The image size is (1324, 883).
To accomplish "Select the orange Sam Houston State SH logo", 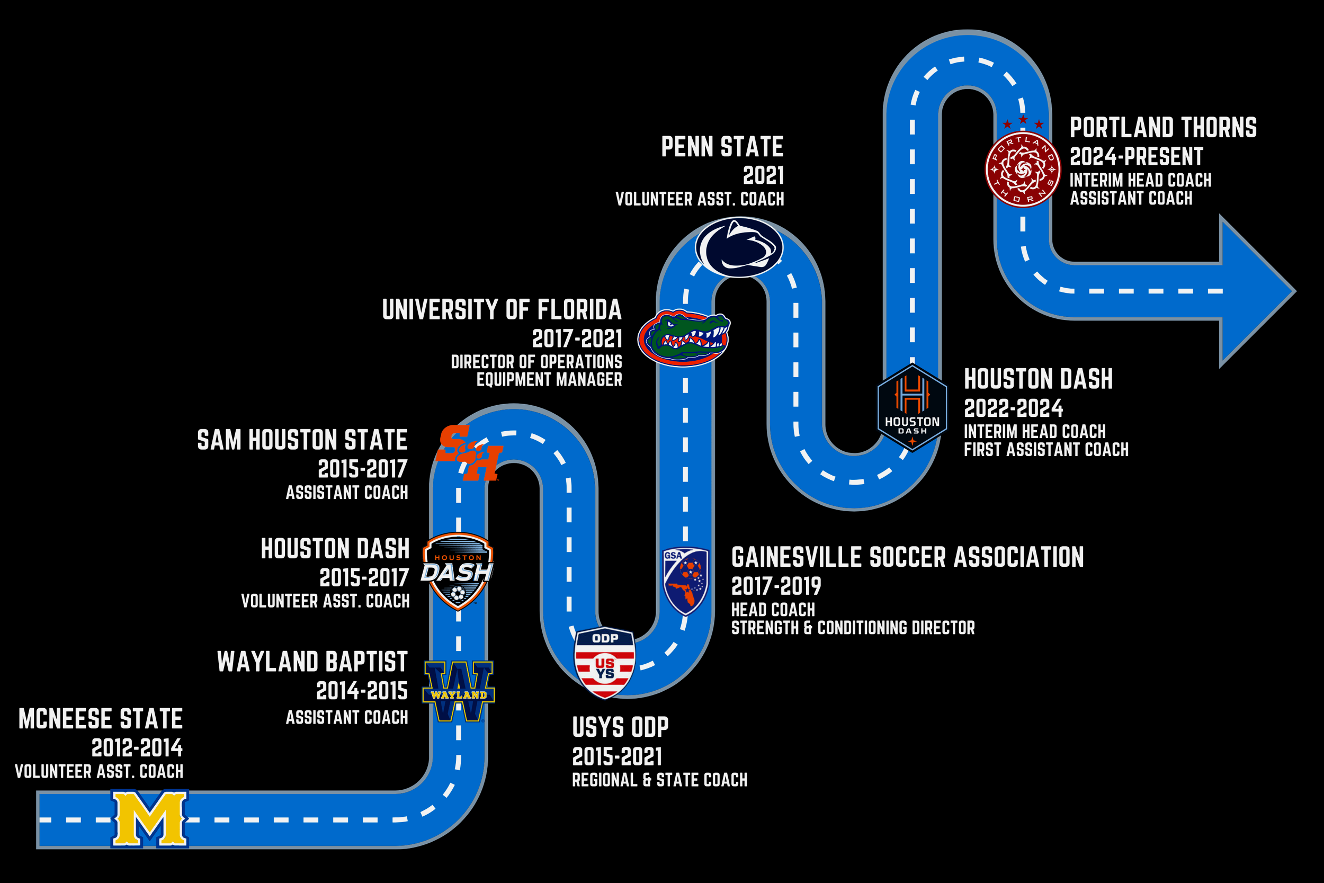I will [x=468, y=453].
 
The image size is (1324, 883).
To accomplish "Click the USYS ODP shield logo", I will [x=605, y=662].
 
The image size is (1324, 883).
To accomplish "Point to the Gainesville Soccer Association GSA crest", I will [x=685, y=581].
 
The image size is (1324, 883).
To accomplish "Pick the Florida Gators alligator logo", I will [x=684, y=337].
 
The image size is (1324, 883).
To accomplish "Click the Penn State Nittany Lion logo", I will [x=739, y=247].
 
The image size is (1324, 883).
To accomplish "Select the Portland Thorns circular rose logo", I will [x=1022, y=168].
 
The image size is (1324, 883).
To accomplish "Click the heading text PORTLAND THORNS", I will [x=1163, y=128].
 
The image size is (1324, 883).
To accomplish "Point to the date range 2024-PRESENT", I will [x=1136, y=157].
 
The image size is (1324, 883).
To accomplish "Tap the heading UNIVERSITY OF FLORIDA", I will [x=502, y=310].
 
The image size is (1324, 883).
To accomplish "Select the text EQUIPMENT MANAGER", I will [x=549, y=380].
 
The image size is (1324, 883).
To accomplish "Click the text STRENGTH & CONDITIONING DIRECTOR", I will [x=852, y=628].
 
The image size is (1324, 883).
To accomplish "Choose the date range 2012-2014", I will [x=137, y=748].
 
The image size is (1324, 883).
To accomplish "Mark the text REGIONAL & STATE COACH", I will [x=659, y=780].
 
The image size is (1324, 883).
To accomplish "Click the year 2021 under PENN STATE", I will [x=763, y=176].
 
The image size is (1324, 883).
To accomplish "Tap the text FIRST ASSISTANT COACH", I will [x=1046, y=450].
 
